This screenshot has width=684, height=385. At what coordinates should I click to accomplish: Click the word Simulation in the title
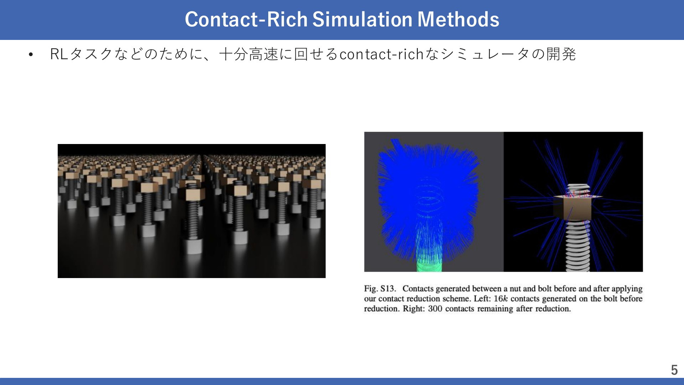(362, 19)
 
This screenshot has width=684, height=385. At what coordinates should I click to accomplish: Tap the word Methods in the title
(458, 19)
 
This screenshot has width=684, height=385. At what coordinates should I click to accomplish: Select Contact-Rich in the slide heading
(246, 19)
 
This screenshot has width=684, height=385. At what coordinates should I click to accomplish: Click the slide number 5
(674, 370)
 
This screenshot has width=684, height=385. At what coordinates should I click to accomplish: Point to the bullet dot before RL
(31, 55)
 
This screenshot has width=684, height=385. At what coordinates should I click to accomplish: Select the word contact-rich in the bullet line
(381, 54)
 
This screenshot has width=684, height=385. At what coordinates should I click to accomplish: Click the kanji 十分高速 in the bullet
(249, 54)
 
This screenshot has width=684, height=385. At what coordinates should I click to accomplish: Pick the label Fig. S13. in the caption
(380, 288)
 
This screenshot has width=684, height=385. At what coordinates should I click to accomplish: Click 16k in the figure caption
(501, 298)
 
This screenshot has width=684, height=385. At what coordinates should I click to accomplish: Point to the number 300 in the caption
(435, 308)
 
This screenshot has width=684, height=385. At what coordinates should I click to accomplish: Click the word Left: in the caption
(482, 298)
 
